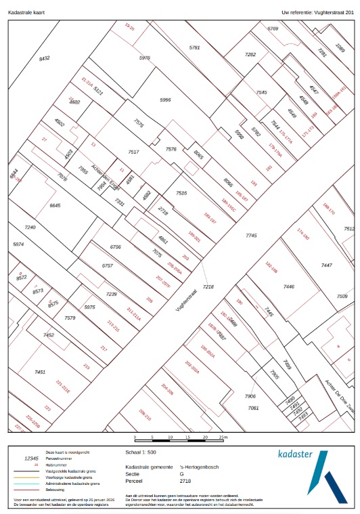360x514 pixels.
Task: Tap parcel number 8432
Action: point(45,59)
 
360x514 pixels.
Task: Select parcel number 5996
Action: point(165,100)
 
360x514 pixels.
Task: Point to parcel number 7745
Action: point(251,235)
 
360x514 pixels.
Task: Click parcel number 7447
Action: point(327,265)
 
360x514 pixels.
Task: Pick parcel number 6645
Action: point(55,205)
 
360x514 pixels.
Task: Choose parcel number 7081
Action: point(253,408)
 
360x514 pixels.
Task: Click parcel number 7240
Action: point(30,228)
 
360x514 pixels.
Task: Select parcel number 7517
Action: point(133,152)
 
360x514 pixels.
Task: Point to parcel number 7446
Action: point(288,287)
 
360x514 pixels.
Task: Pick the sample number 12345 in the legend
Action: point(31,458)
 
